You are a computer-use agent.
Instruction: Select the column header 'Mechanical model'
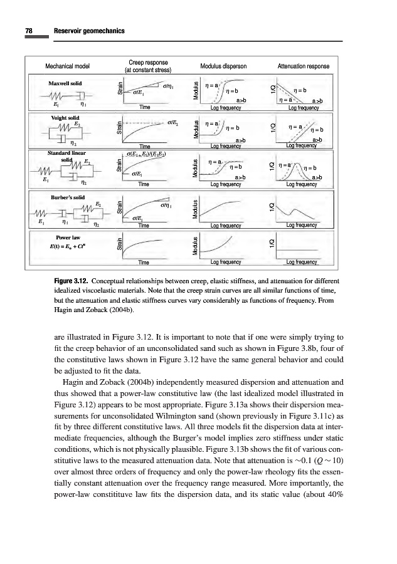point(68,66)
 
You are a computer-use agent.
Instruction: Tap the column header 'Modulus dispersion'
point(223,66)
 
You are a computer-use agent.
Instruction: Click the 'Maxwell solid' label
point(66,83)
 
